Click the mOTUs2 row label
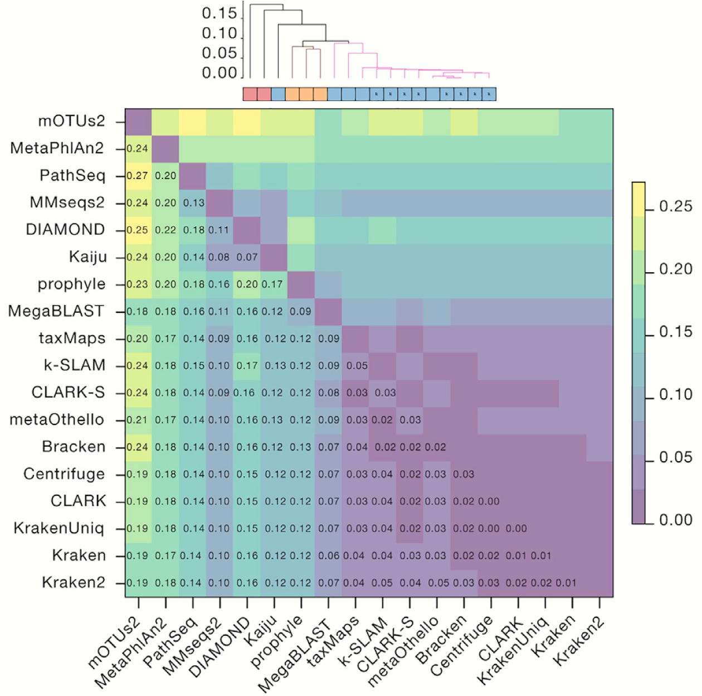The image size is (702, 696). pos(71,121)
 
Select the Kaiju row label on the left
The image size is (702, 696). pos(87,257)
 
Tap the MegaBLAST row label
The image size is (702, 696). pos(56,311)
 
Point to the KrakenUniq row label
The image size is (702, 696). pos(59,528)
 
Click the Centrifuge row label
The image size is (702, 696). pos(64,474)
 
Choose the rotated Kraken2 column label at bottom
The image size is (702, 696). pos(579,641)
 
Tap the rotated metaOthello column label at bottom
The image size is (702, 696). pos(403,650)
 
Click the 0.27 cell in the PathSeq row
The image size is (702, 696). pos(138,176)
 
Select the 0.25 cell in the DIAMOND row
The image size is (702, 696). pos(138,230)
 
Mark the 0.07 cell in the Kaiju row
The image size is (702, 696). pos(247,257)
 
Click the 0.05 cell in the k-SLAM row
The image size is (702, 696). pos(357,366)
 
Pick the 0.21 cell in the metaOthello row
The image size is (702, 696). pos(138,420)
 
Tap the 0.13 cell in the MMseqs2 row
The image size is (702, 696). pos(193,203)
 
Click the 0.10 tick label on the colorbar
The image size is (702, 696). pos(676,395)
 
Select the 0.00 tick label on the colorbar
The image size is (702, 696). pos(676,520)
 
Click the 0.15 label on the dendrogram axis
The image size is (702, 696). pos(219,13)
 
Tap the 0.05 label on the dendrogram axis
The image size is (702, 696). pos(219,54)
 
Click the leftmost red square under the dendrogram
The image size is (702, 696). pos(250,94)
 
